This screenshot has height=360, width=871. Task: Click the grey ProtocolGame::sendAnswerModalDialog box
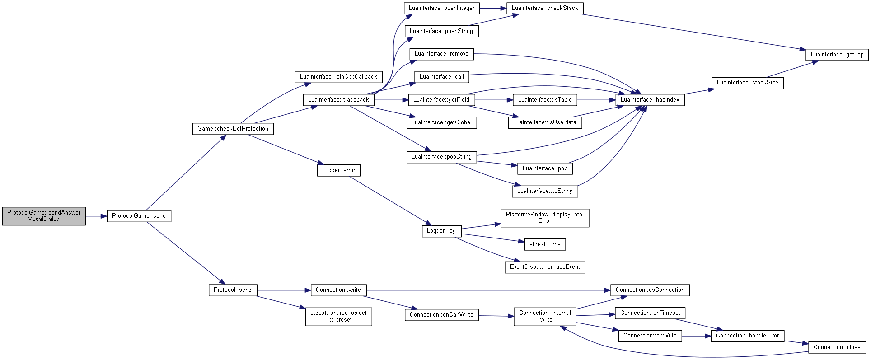pos(44,216)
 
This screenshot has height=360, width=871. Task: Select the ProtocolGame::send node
pos(139,216)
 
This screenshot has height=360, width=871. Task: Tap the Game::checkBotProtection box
pos(233,129)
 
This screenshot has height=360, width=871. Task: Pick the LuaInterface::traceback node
pos(338,100)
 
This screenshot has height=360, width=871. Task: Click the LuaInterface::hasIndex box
pos(650,100)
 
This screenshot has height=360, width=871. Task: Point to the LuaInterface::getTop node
pos(837,55)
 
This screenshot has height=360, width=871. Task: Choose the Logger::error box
pos(338,170)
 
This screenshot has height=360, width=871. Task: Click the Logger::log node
pos(441,231)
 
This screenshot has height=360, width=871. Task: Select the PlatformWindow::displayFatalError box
pos(545,218)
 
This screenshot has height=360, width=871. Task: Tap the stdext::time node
pos(545,244)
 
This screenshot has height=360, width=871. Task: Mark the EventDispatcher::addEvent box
pos(545,267)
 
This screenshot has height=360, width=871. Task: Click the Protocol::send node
pos(233,290)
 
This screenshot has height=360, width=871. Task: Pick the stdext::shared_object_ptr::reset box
pos(338,316)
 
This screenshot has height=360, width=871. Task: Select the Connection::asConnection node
pos(650,290)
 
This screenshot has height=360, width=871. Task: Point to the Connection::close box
pos(837,347)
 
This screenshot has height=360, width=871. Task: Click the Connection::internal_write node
pos(545,316)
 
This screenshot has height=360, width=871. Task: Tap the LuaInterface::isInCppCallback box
pos(338,77)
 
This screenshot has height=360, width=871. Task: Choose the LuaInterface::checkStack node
pos(545,8)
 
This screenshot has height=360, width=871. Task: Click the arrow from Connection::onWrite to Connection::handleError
pos(697,336)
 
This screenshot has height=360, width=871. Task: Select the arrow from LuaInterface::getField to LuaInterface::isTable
pos(494,100)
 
